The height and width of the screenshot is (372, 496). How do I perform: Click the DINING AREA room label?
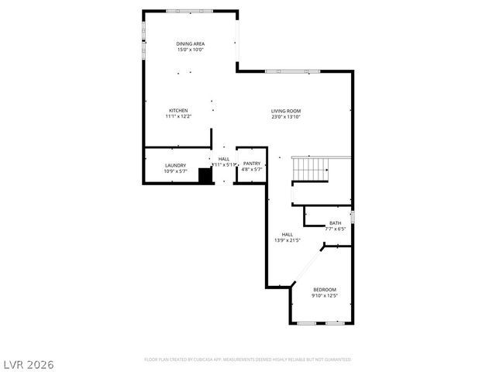pos(189,44)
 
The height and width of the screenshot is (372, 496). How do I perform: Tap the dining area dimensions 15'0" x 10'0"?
pos(189,50)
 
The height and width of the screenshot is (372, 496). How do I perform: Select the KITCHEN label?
pos(178,110)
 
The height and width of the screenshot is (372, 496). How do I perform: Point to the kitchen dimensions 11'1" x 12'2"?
pos(178,116)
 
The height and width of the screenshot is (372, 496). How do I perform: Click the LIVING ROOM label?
pos(285,110)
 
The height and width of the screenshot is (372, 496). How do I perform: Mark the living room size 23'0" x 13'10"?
pos(285,116)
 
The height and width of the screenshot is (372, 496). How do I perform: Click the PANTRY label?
pos(252,164)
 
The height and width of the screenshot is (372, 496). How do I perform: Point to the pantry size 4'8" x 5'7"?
pos(252,170)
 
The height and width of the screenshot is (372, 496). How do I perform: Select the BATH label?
pos(335,222)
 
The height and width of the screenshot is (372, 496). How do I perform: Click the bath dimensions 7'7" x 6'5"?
pos(335,229)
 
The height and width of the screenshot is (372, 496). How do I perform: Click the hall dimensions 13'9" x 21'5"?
pos(287,240)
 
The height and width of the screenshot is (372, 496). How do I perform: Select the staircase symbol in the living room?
pos(310,167)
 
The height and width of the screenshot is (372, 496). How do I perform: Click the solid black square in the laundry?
pos(205,176)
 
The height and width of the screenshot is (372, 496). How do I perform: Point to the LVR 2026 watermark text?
pos(29,363)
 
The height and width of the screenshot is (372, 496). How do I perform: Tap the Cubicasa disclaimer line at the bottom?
pos(248,360)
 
